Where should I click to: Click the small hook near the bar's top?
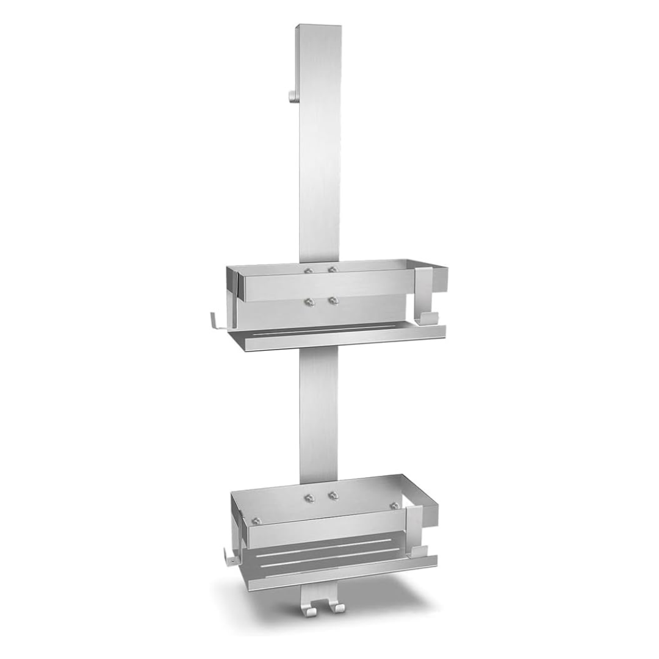pos(292,95)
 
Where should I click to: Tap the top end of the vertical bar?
pos(318,27)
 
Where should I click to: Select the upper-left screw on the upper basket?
pos(309,270)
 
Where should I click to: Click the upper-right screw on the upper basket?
pos(333,269)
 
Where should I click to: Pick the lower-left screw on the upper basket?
pos(309,301)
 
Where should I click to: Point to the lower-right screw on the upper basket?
pos(333,300)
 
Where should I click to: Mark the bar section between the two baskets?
pos(318,415)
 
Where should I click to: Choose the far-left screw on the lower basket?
pos(256,520)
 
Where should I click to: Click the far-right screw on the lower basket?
pos(395,506)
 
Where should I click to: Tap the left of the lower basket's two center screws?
pos(310,497)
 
